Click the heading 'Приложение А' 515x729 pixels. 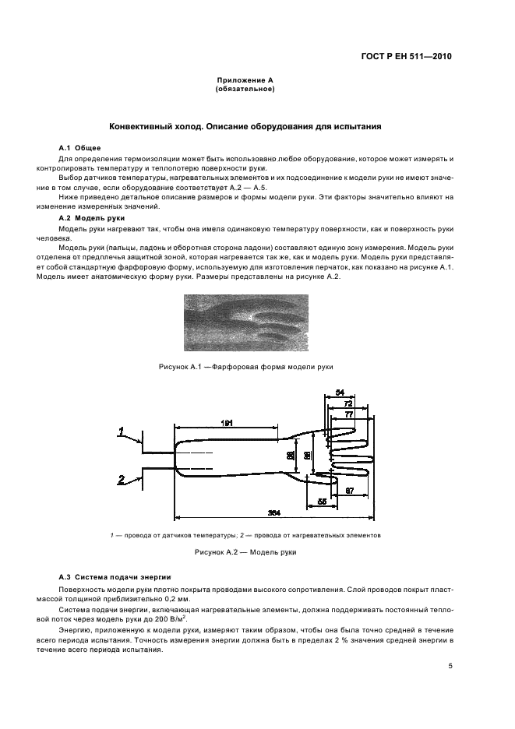tap(244, 80)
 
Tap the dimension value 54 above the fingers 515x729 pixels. tap(339, 393)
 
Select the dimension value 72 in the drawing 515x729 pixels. tap(348, 404)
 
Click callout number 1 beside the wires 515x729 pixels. tap(122, 429)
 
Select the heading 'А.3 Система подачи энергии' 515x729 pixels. tap(115, 576)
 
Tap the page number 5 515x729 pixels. tap(450, 666)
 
